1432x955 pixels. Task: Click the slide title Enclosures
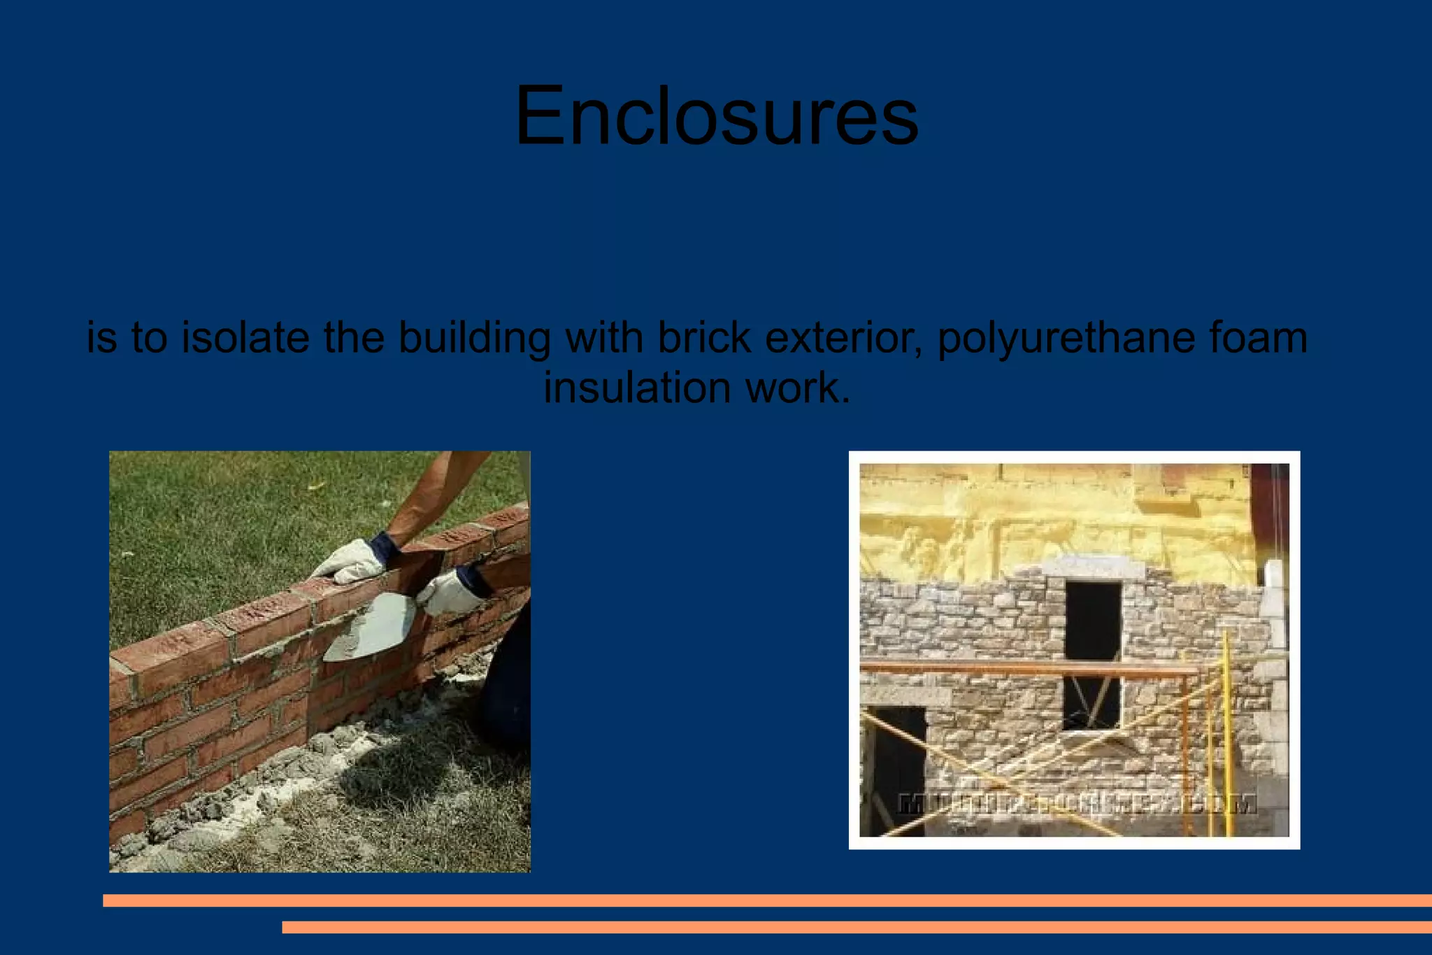[716, 116]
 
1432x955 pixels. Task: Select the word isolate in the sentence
[245, 337]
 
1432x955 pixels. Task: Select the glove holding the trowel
[454, 591]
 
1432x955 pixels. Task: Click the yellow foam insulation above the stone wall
[1049, 518]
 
